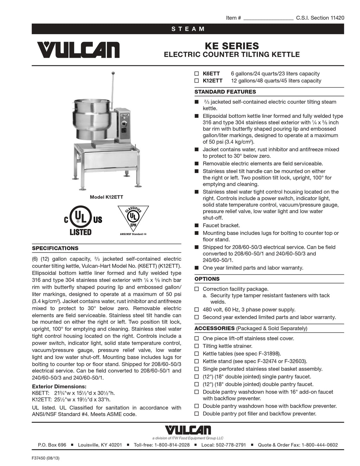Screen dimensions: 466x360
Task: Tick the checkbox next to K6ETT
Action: pos(197,74)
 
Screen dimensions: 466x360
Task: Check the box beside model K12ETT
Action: pos(197,81)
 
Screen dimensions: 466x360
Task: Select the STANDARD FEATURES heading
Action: pos(225,92)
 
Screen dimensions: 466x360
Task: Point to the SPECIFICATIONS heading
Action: pos(55,248)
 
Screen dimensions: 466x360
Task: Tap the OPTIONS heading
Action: pos(207,279)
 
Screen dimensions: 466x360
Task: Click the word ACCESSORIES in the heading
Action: pos(214,328)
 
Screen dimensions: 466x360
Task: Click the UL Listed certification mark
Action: pos(83,221)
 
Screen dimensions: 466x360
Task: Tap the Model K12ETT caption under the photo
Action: pos(106,197)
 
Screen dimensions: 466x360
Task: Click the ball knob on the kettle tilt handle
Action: pos(113,73)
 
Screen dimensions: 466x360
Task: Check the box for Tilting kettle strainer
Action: pos(197,346)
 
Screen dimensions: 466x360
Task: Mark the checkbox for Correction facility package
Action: pos(197,289)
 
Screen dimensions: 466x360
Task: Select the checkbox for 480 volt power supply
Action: pos(197,310)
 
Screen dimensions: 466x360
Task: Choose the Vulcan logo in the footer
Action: pos(188,430)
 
